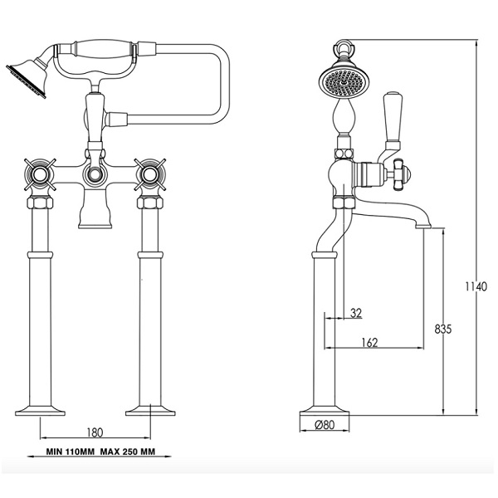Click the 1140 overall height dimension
(476, 286)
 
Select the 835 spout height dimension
(442, 329)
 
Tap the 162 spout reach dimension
(369, 342)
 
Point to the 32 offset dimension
(356, 313)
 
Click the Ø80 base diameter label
(325, 424)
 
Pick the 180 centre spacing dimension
(95, 432)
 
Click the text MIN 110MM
(71, 452)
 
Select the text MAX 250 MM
(128, 452)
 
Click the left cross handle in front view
(40, 174)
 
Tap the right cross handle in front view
(150, 174)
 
